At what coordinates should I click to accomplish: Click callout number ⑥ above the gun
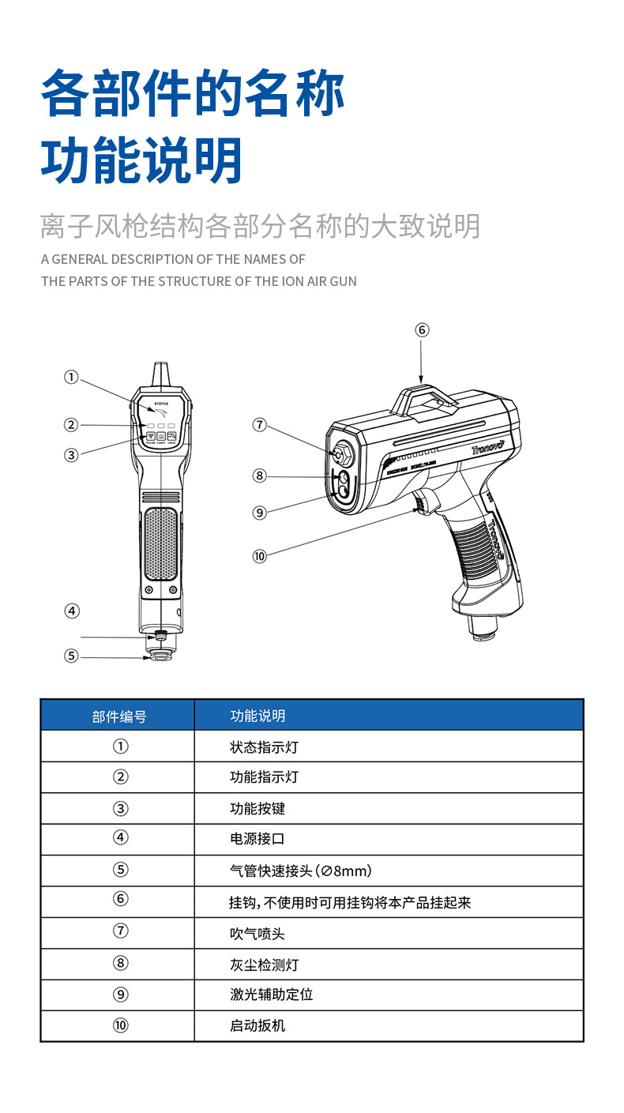pyautogui.click(x=422, y=329)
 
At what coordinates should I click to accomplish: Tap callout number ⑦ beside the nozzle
pyautogui.click(x=260, y=425)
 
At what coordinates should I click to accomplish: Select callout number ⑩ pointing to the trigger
pyautogui.click(x=260, y=556)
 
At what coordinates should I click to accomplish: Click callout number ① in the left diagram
pyautogui.click(x=72, y=378)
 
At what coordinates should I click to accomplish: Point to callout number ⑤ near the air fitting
pyautogui.click(x=72, y=656)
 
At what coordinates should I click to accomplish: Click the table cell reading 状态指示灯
pyautogui.click(x=264, y=746)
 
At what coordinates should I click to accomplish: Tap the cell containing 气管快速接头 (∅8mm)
pyautogui.click(x=300, y=870)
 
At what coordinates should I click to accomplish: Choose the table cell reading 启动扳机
pyautogui.click(x=257, y=1026)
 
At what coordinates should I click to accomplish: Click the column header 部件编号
pyautogui.click(x=118, y=716)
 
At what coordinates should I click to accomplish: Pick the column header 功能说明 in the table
pyautogui.click(x=257, y=716)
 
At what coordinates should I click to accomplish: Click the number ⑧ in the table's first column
pyautogui.click(x=120, y=964)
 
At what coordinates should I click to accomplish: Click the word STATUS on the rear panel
pyautogui.click(x=161, y=404)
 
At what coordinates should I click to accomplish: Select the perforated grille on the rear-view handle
pyautogui.click(x=161, y=543)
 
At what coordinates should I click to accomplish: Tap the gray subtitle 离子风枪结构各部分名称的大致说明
pyautogui.click(x=260, y=227)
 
